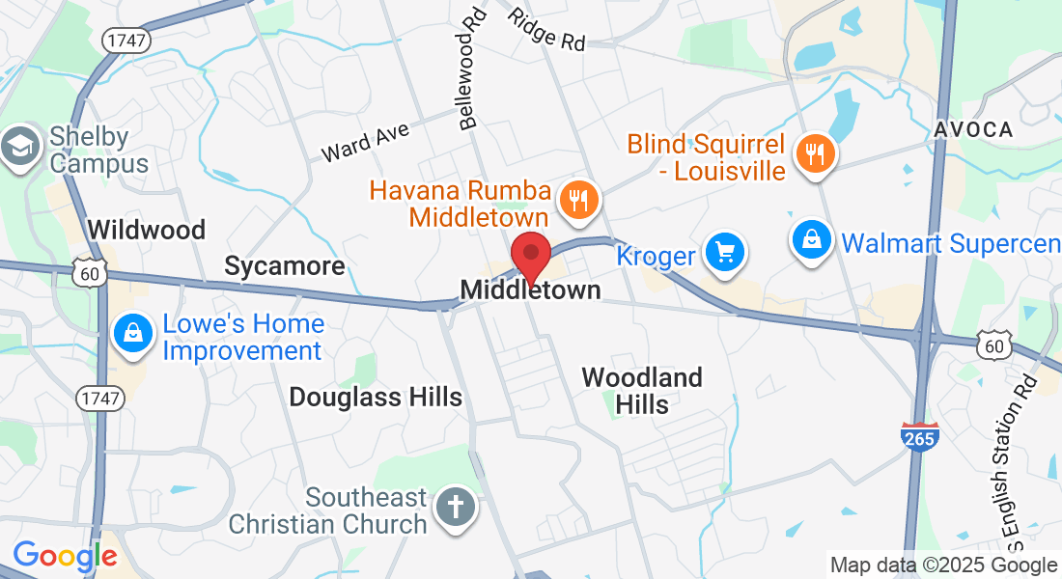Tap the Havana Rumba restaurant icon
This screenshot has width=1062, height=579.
tap(579, 199)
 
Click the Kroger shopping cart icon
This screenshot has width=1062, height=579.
tap(724, 253)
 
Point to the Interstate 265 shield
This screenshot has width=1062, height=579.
tap(919, 437)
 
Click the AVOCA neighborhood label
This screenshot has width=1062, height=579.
tap(973, 129)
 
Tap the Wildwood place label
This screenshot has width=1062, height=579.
tap(147, 230)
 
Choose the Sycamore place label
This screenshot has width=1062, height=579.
tap(285, 266)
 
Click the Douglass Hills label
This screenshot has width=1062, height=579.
tap(376, 397)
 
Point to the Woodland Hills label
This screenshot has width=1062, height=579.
tap(642, 390)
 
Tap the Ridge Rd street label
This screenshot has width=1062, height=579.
tap(547, 30)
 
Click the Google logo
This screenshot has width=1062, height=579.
tap(65, 556)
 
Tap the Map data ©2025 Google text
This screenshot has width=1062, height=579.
tap(943, 565)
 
